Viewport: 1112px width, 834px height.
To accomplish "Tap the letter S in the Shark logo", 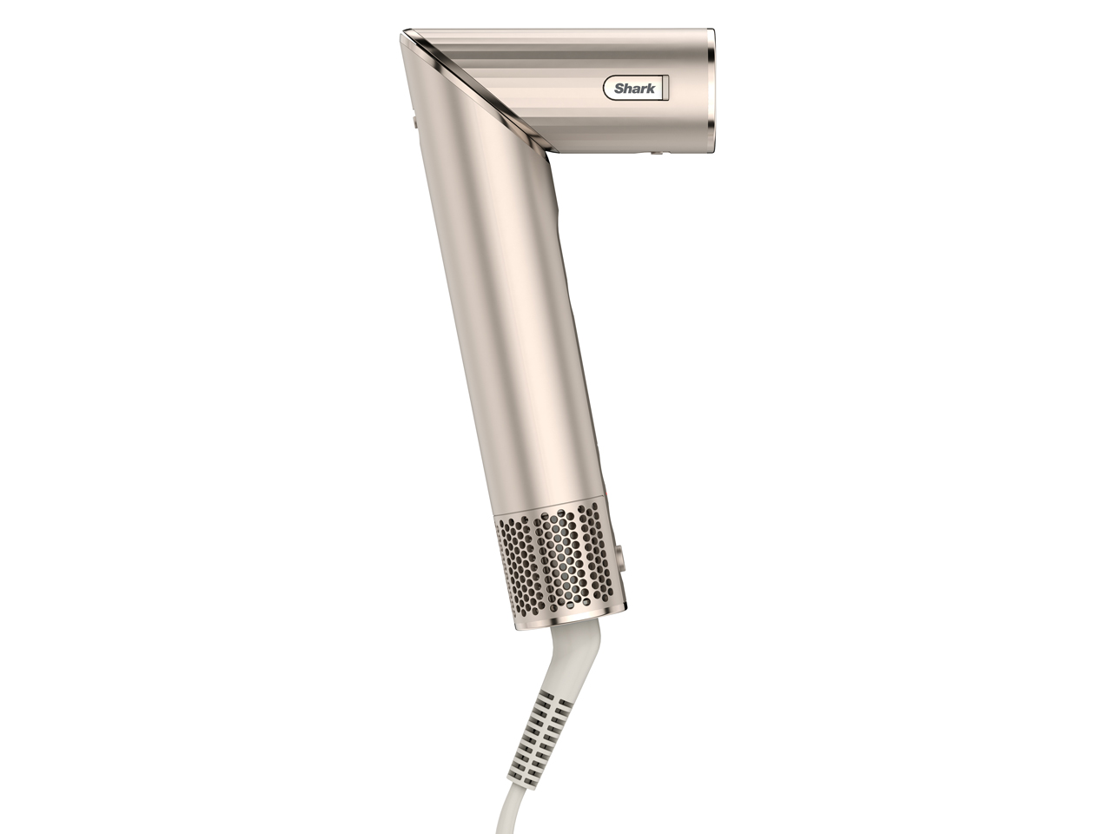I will coord(619,89).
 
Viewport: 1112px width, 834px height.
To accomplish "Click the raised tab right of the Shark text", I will coord(662,88).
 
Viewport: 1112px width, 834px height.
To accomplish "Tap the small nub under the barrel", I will coord(652,154).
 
